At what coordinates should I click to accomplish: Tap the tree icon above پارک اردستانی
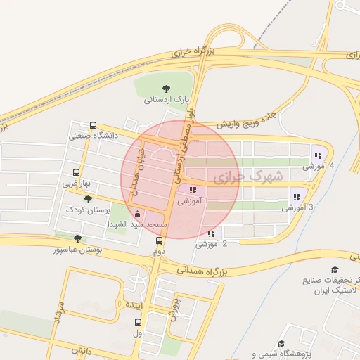(x=166, y=89)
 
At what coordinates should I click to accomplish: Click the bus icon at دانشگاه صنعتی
(x=94, y=124)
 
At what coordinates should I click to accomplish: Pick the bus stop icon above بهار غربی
(x=76, y=172)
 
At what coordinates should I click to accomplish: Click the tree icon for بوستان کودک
(x=89, y=199)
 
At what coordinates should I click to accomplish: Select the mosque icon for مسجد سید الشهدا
(x=136, y=213)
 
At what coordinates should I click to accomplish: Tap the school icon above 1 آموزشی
(x=193, y=189)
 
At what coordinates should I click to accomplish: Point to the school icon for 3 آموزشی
(x=297, y=197)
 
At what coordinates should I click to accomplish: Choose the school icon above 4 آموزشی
(x=318, y=155)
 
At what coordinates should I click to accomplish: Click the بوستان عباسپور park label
(x=78, y=249)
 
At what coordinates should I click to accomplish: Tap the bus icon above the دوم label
(x=159, y=240)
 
